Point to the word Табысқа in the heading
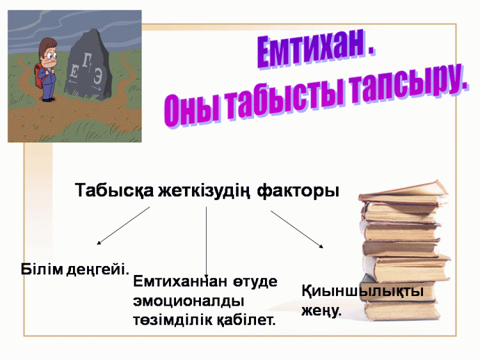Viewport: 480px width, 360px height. tap(114, 191)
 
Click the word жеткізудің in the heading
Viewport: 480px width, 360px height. tap(204, 191)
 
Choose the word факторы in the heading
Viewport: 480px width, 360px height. tap(298, 191)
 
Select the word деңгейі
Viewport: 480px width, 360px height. tap(98, 270)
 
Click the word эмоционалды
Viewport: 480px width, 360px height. tap(189, 301)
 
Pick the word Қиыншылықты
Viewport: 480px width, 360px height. tap(362, 291)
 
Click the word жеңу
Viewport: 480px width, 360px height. tap(321, 311)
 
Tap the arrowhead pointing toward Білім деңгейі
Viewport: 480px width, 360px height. tap(99, 243)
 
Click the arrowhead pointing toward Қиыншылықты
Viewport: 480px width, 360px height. tap(321, 246)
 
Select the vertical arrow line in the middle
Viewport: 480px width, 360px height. tap(206, 242)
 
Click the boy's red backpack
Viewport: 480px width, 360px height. tap(38, 76)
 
